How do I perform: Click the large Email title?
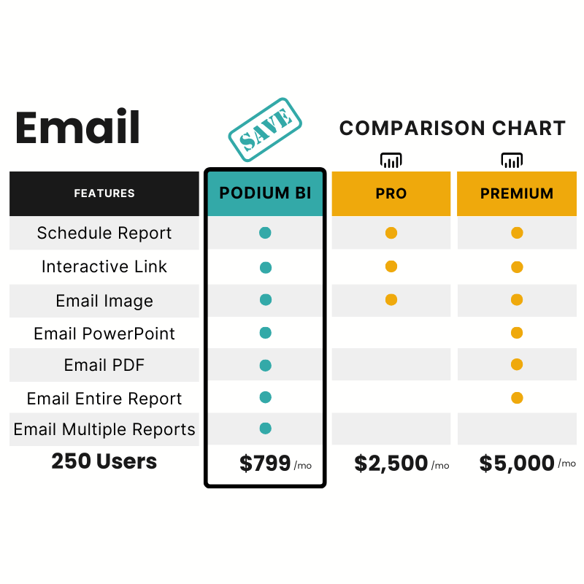(x=77, y=126)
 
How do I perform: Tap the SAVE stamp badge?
(x=265, y=130)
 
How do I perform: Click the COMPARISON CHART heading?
(x=453, y=128)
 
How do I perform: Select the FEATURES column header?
(x=104, y=193)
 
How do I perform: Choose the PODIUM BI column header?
(x=265, y=193)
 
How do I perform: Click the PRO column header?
(x=391, y=193)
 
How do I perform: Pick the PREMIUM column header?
(x=517, y=193)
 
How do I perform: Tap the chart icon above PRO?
(x=391, y=161)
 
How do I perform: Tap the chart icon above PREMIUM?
(x=512, y=161)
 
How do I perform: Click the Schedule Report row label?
(x=104, y=233)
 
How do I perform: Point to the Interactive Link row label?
(x=104, y=266)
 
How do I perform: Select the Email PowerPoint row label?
(x=104, y=334)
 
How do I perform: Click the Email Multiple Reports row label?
(x=104, y=429)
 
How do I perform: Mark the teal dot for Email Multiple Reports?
(x=266, y=429)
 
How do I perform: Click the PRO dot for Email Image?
(x=391, y=299)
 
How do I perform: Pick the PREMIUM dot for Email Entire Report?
(x=517, y=398)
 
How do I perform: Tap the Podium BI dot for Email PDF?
(x=266, y=366)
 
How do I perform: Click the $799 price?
(x=265, y=463)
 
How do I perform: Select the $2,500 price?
(x=391, y=464)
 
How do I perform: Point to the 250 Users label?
(x=104, y=461)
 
